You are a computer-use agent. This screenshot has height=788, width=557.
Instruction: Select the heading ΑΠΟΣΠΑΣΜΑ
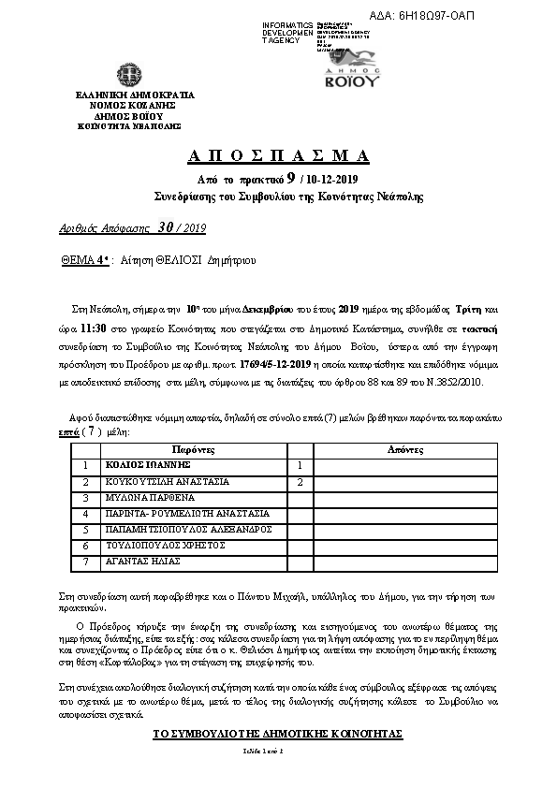pyautogui.click(x=278, y=155)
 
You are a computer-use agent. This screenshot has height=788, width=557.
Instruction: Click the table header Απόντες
pyautogui.click(x=405, y=449)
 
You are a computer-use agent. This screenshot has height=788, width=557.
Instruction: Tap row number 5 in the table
pyautogui.click(x=86, y=529)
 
